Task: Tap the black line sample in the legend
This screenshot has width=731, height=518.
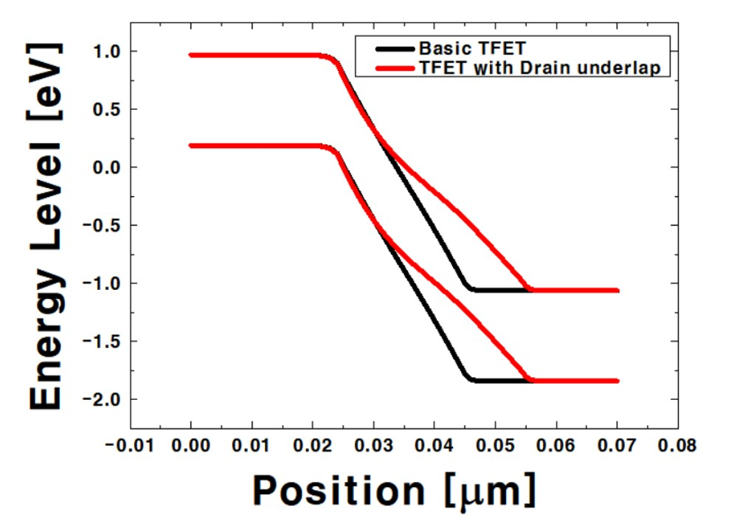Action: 395,49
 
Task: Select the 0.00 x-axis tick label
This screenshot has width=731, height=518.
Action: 191,446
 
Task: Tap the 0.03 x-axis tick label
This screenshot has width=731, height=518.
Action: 374,446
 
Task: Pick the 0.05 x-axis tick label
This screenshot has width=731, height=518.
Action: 496,446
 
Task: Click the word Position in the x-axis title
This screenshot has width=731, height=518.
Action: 339,488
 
